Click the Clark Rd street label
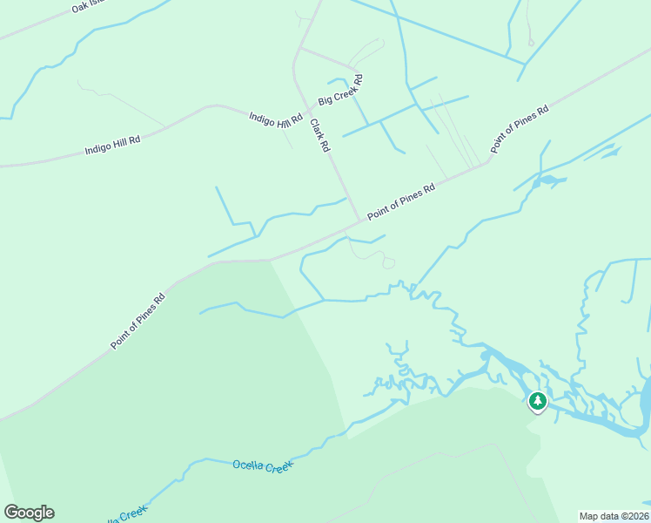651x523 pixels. pyautogui.click(x=320, y=136)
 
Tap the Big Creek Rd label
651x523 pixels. pyautogui.click(x=340, y=90)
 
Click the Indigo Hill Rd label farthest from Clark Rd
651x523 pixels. pyautogui.click(x=112, y=145)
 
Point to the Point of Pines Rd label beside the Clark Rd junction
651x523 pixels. pyautogui.click(x=400, y=201)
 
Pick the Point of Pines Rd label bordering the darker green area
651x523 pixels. pyautogui.click(x=138, y=322)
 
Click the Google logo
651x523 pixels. pyautogui.click(x=29, y=513)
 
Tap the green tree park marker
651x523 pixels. pyautogui.click(x=538, y=401)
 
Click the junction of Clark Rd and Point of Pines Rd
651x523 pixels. pyautogui.click(x=360, y=221)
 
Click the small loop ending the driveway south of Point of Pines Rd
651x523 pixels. pyautogui.click(x=388, y=262)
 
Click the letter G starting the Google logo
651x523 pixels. pyautogui.click(x=11, y=513)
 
